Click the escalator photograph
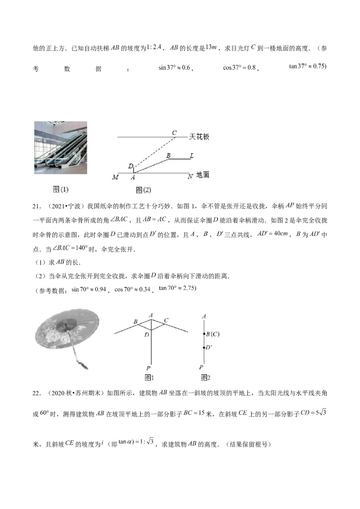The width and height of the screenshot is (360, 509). (x=61, y=147)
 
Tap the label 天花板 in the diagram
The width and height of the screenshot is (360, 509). (x=199, y=137)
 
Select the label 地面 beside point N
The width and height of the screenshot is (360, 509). (x=203, y=175)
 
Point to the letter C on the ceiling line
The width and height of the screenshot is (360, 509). (x=174, y=133)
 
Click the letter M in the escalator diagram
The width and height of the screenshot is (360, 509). (x=115, y=177)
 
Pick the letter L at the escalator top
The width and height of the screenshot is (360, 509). (x=192, y=156)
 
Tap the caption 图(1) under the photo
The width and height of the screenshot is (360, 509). (x=61, y=189)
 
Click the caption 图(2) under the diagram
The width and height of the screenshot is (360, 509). (x=143, y=190)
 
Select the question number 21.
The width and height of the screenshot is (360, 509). (x=36, y=206)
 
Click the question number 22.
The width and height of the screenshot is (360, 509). (x=36, y=393)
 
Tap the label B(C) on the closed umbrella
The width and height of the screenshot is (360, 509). (x=213, y=334)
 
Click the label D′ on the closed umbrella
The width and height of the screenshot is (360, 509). (x=209, y=347)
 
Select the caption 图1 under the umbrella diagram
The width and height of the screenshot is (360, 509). (x=149, y=378)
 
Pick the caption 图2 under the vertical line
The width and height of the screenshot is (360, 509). (x=206, y=378)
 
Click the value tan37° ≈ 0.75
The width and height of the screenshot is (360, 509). (x=308, y=66)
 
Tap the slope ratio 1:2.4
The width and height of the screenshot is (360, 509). (x=154, y=47)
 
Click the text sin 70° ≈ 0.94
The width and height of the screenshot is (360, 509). (x=89, y=289)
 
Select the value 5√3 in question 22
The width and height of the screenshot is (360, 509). (x=321, y=413)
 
